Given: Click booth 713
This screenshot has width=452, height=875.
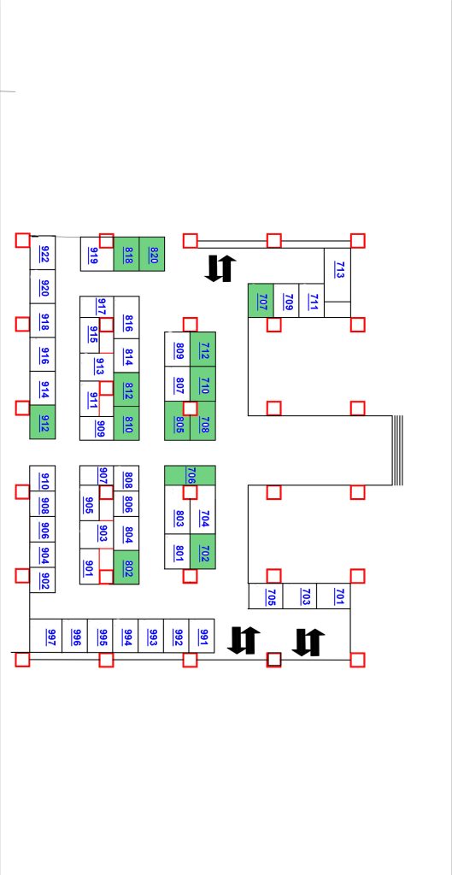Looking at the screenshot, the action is pos(338,275).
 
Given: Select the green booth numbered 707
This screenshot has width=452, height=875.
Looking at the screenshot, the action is pos(261,300).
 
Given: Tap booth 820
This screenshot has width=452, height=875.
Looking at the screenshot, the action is pos(152,255).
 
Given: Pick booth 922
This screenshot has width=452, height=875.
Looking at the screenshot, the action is pos(43,253).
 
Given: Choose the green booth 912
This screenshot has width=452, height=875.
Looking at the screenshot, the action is pos(43,422).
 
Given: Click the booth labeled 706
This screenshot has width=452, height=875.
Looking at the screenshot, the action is pos(190,475).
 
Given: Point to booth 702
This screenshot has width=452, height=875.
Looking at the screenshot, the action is pos(203,552).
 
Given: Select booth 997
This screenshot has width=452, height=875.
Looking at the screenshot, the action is pos(46,636).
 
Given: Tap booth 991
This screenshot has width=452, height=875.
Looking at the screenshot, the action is pos(202,636).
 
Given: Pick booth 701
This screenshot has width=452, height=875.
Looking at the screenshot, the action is pos(334,596).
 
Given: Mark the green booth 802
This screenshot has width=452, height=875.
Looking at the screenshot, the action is pos(126,567).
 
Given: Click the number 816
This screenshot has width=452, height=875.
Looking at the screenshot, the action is pos(128,324).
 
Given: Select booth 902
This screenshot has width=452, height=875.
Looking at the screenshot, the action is pos(43,580).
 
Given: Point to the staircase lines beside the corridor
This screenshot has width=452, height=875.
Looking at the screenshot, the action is pos(397,450).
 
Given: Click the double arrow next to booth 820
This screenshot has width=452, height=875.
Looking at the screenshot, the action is pos(220,268).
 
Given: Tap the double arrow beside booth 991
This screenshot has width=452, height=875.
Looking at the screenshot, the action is pos(244,640).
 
